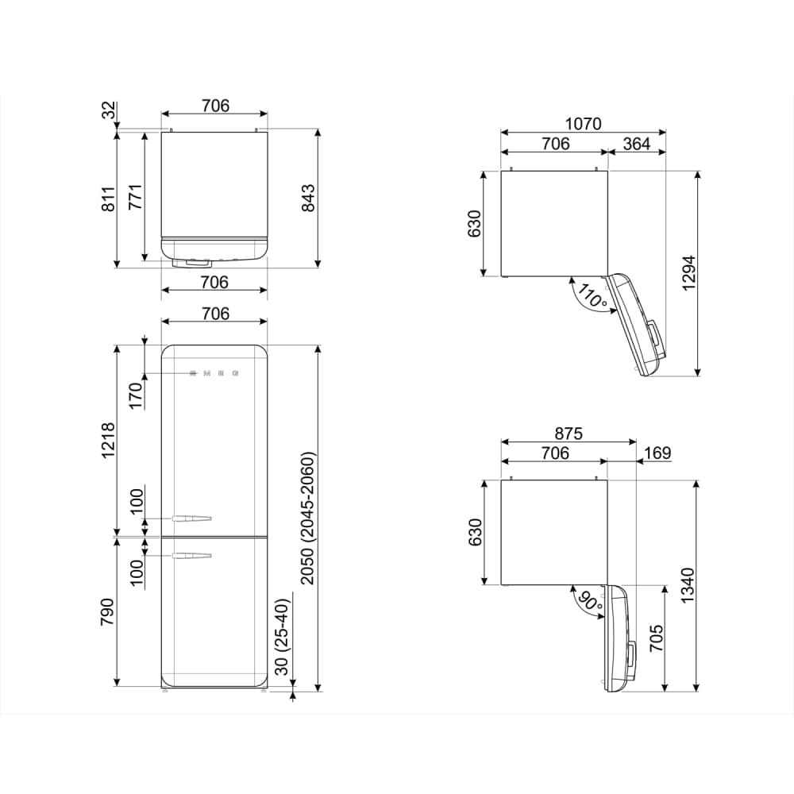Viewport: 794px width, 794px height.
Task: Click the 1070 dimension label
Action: click(583, 124)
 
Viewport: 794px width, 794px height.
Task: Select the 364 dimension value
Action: click(636, 144)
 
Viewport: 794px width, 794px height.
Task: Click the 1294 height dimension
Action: click(688, 272)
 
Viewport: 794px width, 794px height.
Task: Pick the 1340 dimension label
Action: click(688, 584)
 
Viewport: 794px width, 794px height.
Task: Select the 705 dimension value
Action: click(656, 638)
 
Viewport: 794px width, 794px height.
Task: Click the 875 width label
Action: click(569, 434)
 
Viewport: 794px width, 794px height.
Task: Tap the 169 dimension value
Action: click(657, 453)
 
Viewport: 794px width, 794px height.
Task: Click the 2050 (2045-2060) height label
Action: click(307, 518)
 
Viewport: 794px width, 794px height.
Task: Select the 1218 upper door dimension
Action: click(109, 439)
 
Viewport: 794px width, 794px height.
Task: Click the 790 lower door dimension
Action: click(109, 613)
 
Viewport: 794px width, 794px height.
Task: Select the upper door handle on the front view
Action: click(191, 518)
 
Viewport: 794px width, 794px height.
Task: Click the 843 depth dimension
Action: click(307, 198)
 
